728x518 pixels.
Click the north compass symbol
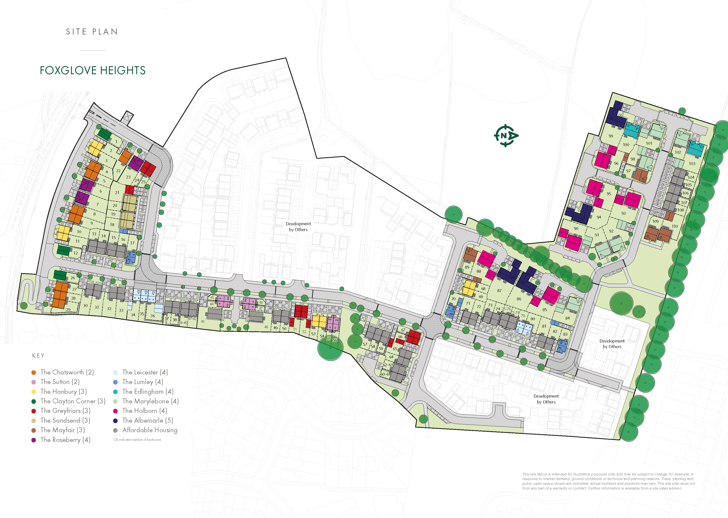(506, 135)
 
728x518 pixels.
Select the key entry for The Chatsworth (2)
(67, 372)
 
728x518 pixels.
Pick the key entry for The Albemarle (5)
(148, 420)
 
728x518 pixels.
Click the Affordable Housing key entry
(150, 430)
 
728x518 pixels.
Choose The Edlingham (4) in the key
(148, 391)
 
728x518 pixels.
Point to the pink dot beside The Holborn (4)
(115, 411)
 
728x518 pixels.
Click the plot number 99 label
(611, 136)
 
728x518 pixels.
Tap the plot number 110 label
(675, 226)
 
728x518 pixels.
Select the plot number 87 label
(499, 290)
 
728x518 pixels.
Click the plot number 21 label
(117, 193)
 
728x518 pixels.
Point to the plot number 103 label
(692, 163)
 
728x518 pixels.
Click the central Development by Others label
(298, 226)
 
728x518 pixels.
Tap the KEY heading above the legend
(38, 356)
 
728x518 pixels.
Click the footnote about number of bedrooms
(137, 440)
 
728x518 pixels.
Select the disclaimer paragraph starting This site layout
(608, 481)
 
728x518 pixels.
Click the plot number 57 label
(365, 344)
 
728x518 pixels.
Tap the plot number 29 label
(68, 309)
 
